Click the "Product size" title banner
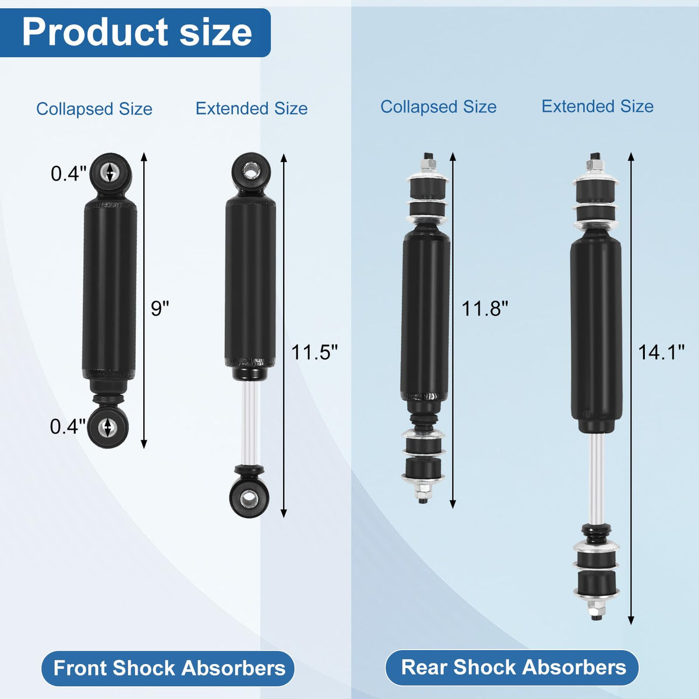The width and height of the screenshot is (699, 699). [135, 33]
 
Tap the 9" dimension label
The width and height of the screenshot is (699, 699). [160, 309]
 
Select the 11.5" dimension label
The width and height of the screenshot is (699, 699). [315, 352]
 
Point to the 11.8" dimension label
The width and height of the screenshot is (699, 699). [485, 309]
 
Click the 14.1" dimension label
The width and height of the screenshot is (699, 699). [661, 352]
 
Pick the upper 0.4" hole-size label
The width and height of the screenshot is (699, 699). [69, 174]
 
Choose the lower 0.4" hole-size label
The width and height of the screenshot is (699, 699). [68, 426]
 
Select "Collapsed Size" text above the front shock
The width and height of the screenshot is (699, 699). [94, 109]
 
